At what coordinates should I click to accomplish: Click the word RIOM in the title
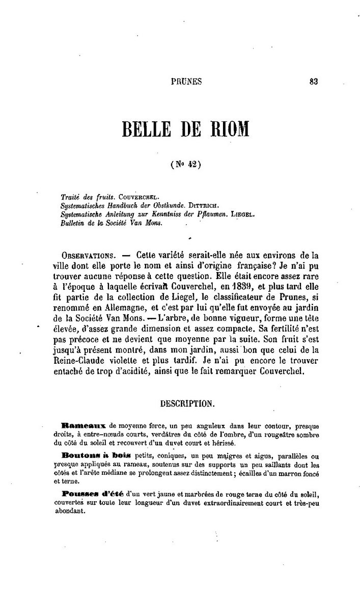tap(228, 128)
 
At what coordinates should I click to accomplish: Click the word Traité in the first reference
tap(70, 196)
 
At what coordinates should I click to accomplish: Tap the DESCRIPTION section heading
tap(187, 403)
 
